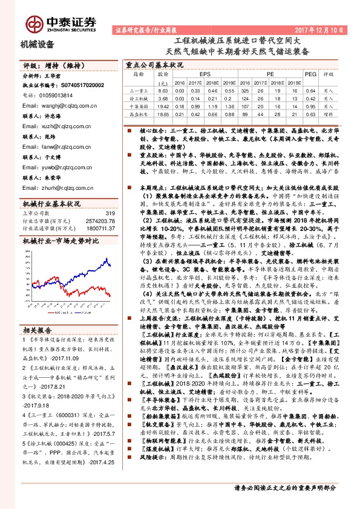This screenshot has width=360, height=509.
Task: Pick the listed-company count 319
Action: [110, 213]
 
